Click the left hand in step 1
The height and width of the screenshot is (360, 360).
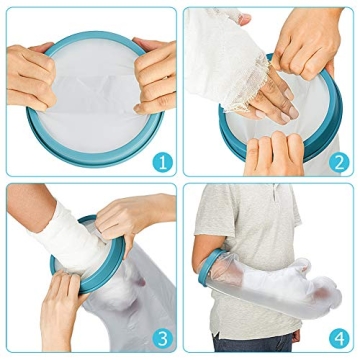(x=30, y=75)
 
